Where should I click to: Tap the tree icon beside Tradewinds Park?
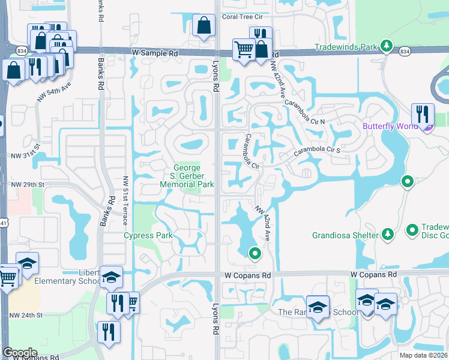point(387,46)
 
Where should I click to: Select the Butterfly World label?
point(391,127)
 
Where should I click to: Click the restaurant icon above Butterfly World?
point(423,113)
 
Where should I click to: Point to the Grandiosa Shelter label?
point(345,234)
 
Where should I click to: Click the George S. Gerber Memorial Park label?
point(187,176)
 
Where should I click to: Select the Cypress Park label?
point(148,235)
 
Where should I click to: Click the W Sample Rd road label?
point(155,53)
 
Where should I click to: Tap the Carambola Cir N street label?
point(306,112)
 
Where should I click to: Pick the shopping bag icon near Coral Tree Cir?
point(204,26)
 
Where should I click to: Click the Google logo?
point(20,353)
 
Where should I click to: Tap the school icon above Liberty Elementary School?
point(111,277)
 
